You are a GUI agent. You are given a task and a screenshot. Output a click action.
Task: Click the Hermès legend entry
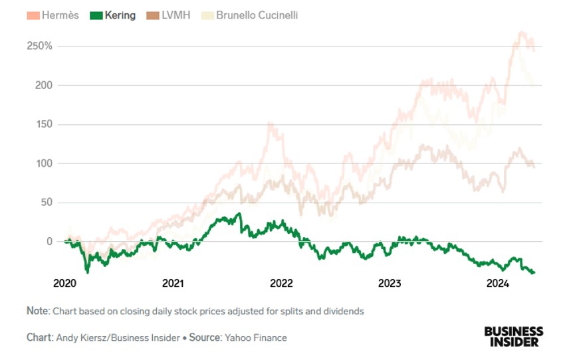[x=53, y=15]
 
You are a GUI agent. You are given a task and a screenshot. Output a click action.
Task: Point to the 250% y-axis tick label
[x=40, y=46]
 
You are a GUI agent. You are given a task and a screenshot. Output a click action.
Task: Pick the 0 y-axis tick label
[x=49, y=241]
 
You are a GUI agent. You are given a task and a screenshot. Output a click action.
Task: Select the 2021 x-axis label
[x=173, y=284]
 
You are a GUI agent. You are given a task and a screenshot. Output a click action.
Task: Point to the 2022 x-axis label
[x=281, y=284]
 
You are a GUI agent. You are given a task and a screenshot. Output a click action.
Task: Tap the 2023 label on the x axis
[x=390, y=284]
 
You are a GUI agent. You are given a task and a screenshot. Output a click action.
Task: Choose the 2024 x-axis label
[x=498, y=284]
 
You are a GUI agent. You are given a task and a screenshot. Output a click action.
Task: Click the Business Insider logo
[x=513, y=336]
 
